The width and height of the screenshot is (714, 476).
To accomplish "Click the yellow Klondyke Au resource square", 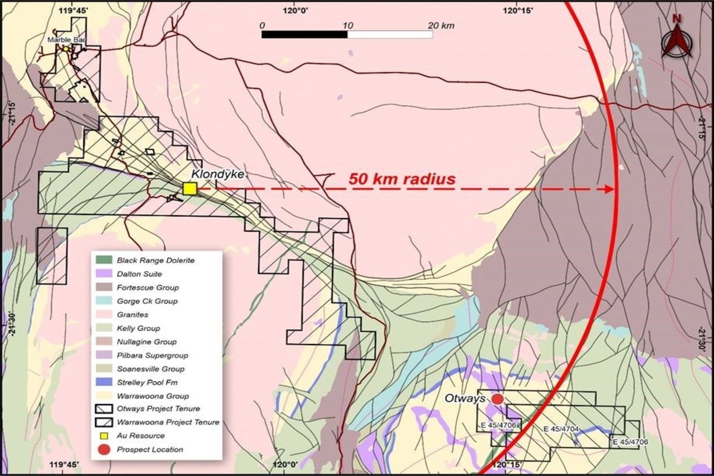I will coord(189,188).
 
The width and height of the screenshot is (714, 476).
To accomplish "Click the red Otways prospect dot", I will coord(497,399).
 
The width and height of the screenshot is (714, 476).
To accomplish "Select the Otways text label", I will coord(465,398).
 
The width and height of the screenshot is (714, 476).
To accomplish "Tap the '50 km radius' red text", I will coord(402,178).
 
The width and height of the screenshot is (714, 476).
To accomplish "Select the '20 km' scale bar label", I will coord(441,26).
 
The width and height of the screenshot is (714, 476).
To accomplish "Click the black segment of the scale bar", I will coord(304,34).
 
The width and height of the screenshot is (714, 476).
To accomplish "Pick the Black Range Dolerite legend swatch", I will coord(103,260).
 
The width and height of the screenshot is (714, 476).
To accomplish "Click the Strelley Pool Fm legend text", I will coord(147,382).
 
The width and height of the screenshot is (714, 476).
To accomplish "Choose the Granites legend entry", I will coord(132,314).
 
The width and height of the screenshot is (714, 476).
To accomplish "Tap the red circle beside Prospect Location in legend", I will coord(104,449).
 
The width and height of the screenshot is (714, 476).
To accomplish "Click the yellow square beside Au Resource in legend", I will coord(104,436).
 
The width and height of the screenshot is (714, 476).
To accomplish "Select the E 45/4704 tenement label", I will coord(561,429).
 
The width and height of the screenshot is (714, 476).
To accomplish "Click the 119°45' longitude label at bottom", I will coord(64,465).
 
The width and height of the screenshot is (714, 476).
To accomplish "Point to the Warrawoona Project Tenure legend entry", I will coord(168,422).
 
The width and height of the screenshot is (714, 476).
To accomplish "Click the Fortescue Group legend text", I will coord(147,287).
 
